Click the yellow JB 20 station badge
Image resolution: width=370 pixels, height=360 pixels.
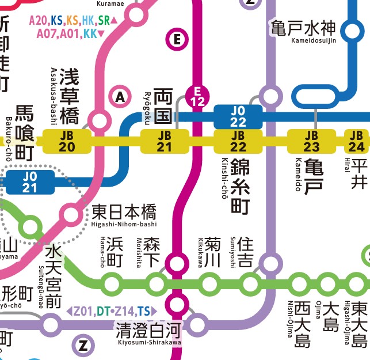click(x=67, y=141)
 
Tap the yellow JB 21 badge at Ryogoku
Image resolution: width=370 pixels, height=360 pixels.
click(x=165, y=141)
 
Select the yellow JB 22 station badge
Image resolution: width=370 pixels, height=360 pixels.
click(x=238, y=141)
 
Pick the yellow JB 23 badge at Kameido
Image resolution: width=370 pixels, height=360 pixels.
click(x=311, y=141)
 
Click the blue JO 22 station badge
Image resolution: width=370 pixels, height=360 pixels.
click(x=238, y=116)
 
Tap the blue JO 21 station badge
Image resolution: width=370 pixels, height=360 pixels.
click(x=30, y=182)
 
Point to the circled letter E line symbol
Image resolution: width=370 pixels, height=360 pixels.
click(x=177, y=40)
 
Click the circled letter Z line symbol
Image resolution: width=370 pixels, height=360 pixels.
click(x=83, y=346)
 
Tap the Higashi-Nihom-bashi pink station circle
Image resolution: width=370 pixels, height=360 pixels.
click(x=71, y=215)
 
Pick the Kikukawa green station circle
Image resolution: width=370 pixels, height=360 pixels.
click(x=209, y=283)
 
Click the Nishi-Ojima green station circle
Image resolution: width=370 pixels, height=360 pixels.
click(x=299, y=283)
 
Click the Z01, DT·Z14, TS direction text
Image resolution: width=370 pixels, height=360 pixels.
click(x=112, y=312)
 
